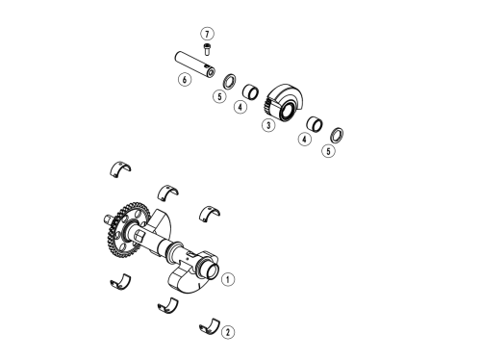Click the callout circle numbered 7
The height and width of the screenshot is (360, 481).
[207, 34]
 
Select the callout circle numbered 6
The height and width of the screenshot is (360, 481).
[185, 79]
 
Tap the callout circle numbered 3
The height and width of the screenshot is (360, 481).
[268, 125]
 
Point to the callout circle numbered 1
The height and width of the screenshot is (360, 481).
[228, 279]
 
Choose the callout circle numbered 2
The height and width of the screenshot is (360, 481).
[228, 332]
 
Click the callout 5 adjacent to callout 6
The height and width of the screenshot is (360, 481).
[219, 96]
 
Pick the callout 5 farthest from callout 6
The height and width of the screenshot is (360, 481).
[328, 151]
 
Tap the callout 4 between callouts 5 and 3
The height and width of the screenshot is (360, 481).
[240, 107]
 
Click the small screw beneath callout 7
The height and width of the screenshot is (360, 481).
[207, 49]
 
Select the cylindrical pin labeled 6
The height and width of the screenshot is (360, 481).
[194, 64]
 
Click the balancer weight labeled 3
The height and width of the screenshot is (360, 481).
[284, 102]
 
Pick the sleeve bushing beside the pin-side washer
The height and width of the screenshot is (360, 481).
[250, 90]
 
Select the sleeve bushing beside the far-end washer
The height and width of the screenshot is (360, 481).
[315, 124]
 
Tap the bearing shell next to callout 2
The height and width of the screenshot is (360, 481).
[209, 326]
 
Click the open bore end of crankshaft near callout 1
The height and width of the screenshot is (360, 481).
[213, 271]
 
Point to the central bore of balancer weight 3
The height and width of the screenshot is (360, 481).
[288, 111]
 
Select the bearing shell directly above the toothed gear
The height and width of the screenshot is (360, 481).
[120, 168]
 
